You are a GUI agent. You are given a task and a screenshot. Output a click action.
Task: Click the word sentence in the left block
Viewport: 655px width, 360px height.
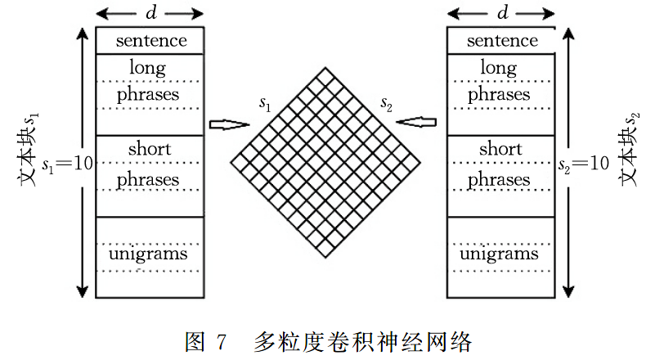[151, 40]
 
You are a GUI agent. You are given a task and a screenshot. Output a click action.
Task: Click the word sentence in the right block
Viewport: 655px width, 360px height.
[503, 40]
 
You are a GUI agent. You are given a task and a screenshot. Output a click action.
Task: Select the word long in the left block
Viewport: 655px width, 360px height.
[148, 67]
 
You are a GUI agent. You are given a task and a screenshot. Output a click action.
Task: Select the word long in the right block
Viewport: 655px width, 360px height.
[499, 67]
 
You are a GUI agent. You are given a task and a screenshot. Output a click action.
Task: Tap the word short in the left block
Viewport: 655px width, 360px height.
[150, 149]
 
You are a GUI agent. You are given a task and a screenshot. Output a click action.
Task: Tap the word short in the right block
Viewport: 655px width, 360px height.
[500, 149]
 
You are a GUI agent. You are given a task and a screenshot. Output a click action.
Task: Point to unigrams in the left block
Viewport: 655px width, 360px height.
[151, 254]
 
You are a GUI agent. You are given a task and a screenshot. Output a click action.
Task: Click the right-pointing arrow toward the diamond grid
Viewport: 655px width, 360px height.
[229, 125]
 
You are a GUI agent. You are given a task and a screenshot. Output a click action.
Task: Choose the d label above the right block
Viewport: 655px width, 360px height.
[502, 13]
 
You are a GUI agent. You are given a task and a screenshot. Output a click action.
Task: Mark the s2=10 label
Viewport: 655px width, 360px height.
[581, 163]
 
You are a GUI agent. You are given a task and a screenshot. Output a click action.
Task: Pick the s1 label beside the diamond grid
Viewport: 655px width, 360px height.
[264, 103]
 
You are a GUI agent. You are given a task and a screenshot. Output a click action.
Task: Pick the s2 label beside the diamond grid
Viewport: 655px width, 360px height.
[387, 103]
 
